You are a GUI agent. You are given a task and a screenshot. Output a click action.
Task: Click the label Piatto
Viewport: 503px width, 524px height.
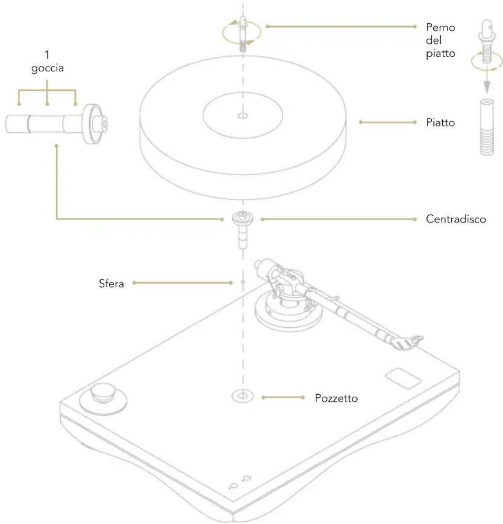(x=440, y=122)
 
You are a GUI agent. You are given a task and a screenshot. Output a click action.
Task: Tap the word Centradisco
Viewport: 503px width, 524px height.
(x=455, y=219)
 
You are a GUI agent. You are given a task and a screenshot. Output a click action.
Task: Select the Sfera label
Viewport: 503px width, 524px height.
(x=111, y=283)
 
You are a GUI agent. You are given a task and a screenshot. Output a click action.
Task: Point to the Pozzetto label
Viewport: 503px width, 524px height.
(x=336, y=398)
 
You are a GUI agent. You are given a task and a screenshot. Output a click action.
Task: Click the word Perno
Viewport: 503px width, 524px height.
(x=440, y=27)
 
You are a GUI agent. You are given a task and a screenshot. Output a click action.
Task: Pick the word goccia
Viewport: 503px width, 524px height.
(x=48, y=68)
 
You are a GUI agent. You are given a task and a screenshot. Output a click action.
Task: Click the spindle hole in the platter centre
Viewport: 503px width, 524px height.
(x=243, y=116)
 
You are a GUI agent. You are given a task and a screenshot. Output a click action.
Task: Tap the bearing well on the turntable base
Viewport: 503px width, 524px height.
(x=242, y=396)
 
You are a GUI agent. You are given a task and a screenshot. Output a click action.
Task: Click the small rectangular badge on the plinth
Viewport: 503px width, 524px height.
(x=403, y=378)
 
